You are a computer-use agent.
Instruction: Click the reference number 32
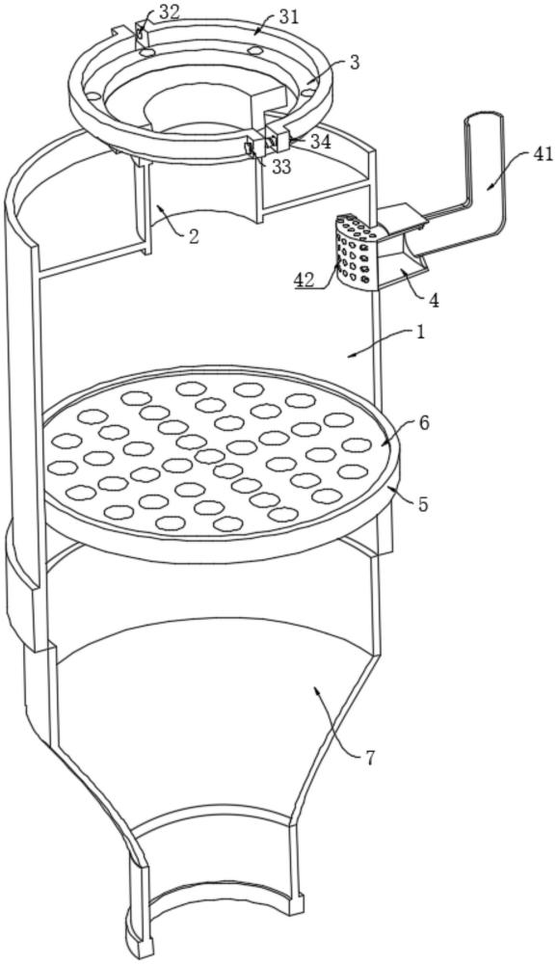[x=170, y=12]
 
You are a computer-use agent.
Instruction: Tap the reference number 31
[x=288, y=16]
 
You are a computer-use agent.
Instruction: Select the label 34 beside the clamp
[x=320, y=143]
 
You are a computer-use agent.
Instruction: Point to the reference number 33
[x=280, y=167]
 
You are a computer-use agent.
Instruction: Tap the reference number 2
[x=194, y=237]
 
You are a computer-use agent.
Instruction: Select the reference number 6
[x=425, y=423]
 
